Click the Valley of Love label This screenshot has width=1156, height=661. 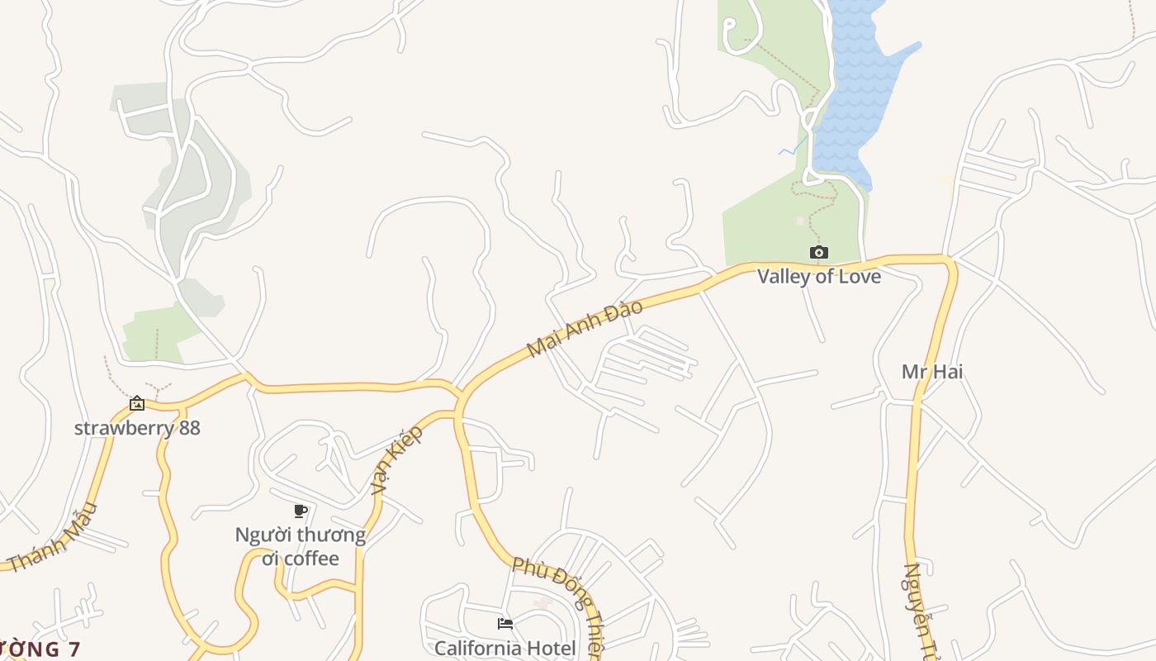[819, 276]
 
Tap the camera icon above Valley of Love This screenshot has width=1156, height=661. [818, 252]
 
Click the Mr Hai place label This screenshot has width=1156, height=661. [932, 372]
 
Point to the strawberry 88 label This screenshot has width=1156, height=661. [137, 428]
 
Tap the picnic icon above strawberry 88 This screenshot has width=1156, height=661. [137, 403]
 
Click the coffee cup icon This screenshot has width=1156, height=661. [301, 511]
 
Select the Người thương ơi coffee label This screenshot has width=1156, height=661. [301, 546]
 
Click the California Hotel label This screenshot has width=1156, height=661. [505, 648]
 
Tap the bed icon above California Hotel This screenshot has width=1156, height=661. [505, 623]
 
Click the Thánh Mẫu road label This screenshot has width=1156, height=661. [54, 538]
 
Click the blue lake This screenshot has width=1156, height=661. [859, 91]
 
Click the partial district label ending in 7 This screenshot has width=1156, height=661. [40, 649]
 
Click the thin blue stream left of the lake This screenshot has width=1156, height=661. [793, 147]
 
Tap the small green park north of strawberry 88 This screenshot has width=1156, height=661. [157, 335]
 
